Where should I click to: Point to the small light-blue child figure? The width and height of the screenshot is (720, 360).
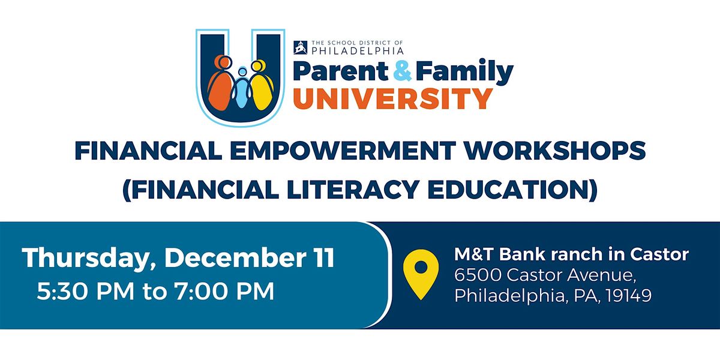(x=241, y=90)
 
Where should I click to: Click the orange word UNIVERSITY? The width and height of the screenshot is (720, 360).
(x=393, y=98)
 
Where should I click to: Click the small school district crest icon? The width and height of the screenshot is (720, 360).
(x=300, y=46)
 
